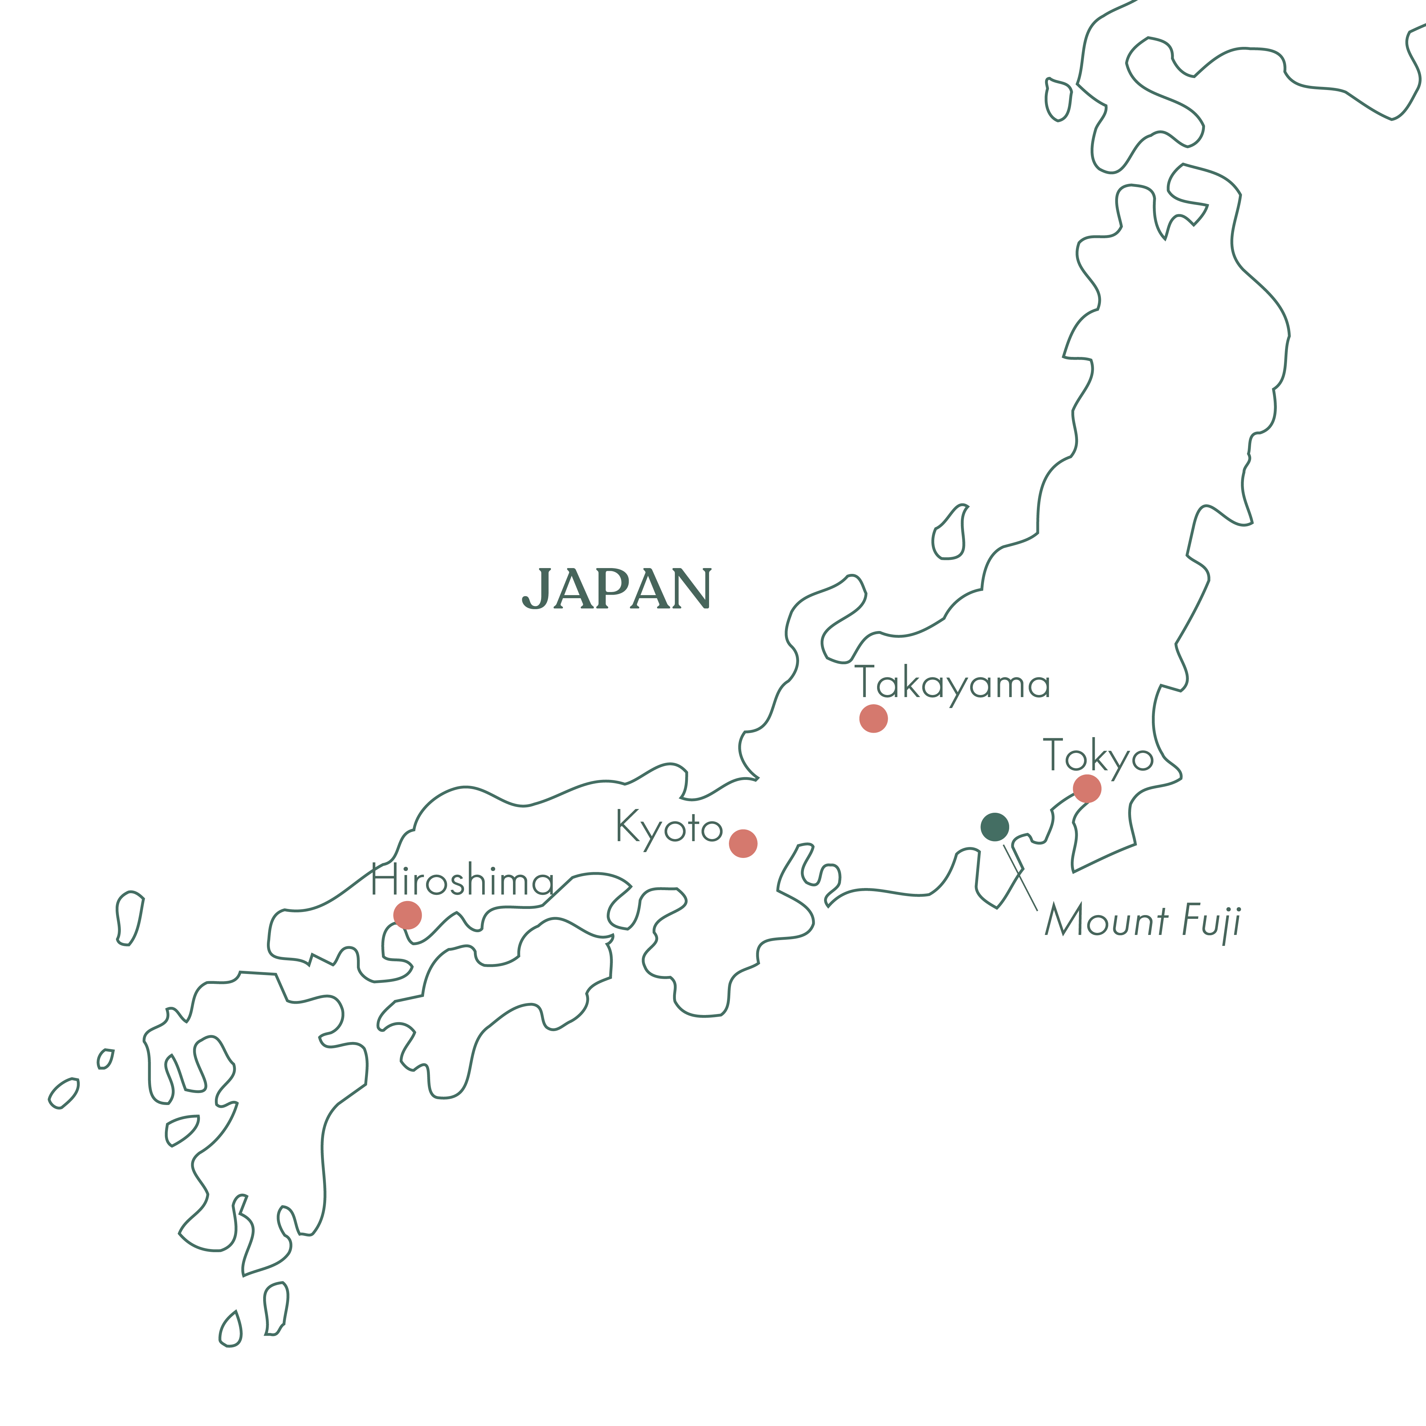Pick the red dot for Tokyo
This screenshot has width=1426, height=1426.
coord(1087,788)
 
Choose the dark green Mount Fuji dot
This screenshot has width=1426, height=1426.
coord(995,827)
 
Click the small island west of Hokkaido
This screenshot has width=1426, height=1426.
coord(1058,100)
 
